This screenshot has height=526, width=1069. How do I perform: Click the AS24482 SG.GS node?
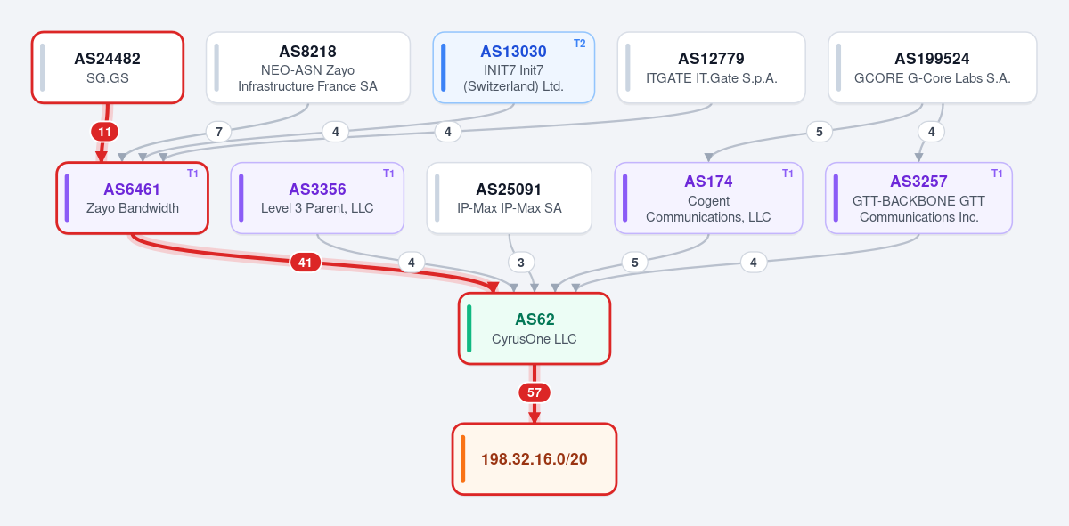[108, 68]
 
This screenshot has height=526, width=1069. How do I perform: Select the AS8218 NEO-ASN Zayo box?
[308, 68]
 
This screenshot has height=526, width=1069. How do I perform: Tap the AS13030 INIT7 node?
[513, 68]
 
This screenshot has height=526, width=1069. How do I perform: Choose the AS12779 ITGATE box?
[711, 68]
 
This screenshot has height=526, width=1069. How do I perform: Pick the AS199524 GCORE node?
[932, 68]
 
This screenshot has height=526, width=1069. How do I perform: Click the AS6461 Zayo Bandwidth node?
[132, 198]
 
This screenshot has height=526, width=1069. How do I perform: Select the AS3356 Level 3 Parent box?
[317, 198]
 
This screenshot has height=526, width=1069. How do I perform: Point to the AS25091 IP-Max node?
[510, 198]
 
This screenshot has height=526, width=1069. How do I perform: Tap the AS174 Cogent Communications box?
[708, 198]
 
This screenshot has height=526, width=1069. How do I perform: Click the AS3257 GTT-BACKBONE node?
[918, 198]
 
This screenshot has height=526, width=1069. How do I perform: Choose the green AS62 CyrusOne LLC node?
[534, 328]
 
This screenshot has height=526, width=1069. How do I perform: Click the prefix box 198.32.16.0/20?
[534, 458]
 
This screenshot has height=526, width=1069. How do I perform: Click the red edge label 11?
[104, 132]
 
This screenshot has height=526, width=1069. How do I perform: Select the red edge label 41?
[305, 263]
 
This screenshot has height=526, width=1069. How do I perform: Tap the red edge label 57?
[534, 392]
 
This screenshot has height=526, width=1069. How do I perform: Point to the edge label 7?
[218, 132]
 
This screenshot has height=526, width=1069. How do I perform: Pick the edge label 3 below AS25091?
[520, 263]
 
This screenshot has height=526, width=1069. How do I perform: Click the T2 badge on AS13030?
[579, 44]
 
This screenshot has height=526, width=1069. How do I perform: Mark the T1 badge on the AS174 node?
[787, 174]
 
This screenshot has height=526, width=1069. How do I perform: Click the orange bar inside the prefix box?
[462, 458]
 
